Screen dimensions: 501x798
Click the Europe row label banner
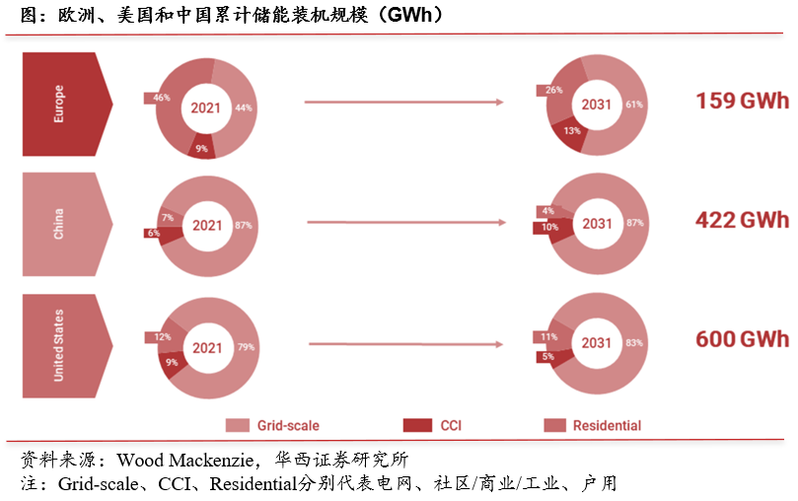pos(64,104)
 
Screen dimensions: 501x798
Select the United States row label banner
pos(64,343)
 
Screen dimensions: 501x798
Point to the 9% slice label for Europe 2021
pos(201,149)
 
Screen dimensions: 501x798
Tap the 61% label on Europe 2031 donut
pos(634,105)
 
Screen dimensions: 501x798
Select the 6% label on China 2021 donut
pos(153,233)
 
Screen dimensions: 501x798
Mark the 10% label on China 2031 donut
pos(549,228)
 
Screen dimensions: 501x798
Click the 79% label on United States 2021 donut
pos(246,347)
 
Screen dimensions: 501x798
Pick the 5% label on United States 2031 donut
pos(545,356)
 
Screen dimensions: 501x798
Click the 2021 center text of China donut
pos(207,226)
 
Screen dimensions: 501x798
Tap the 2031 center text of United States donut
pos(597,343)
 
